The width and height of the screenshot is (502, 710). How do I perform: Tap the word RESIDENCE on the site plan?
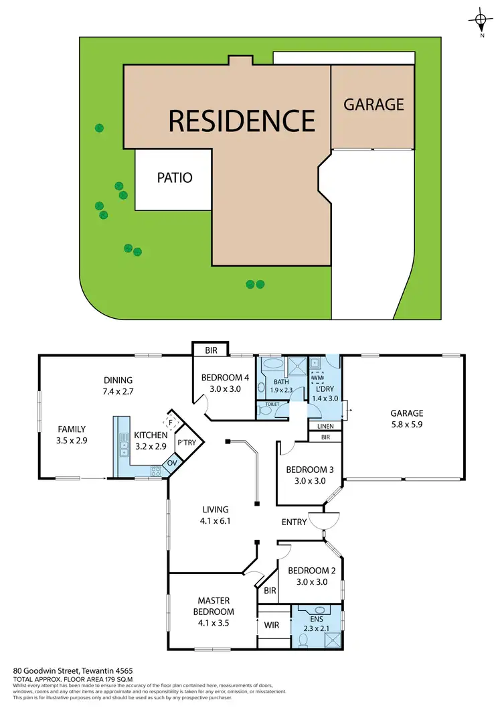click(x=242, y=121)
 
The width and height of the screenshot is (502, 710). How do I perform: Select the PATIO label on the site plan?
click(x=175, y=177)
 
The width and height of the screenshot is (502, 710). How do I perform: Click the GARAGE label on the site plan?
click(x=373, y=104)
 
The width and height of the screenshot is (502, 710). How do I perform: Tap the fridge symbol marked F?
click(x=170, y=422)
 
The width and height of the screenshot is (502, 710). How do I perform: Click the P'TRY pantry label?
click(x=185, y=443)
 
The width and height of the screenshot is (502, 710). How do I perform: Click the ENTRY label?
click(x=294, y=522)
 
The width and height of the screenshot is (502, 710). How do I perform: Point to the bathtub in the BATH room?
click(x=272, y=365)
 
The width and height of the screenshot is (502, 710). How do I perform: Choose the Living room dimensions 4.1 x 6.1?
click(x=213, y=520)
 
